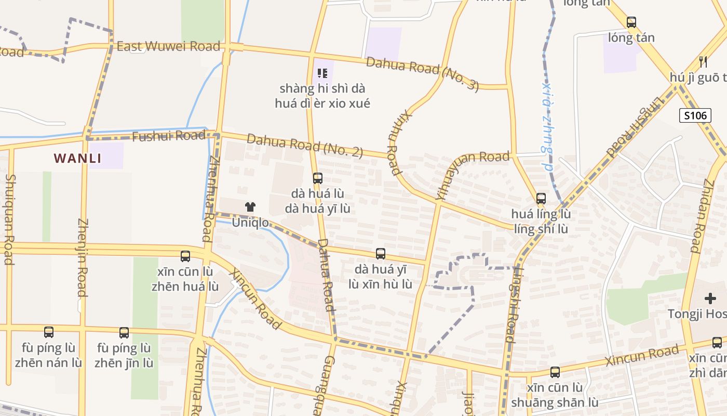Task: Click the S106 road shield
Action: [x=695, y=115]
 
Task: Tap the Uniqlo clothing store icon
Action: [x=250, y=207]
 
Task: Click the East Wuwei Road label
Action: [x=168, y=46]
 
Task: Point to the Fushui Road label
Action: [x=168, y=136]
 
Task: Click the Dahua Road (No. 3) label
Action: [x=422, y=74]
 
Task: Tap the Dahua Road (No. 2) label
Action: [x=305, y=146]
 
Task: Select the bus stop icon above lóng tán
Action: [x=631, y=22]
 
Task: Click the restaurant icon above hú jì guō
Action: [x=703, y=61]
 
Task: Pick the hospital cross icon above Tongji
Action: [x=710, y=298]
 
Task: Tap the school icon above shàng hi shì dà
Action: [x=322, y=73]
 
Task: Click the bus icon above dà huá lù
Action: [x=317, y=178]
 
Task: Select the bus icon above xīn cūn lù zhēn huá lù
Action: [x=185, y=256]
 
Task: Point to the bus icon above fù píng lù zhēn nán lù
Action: [x=48, y=332]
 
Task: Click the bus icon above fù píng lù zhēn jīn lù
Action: [x=124, y=333]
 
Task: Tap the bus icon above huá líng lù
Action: [x=541, y=198]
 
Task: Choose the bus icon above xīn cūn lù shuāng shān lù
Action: [x=555, y=372]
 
